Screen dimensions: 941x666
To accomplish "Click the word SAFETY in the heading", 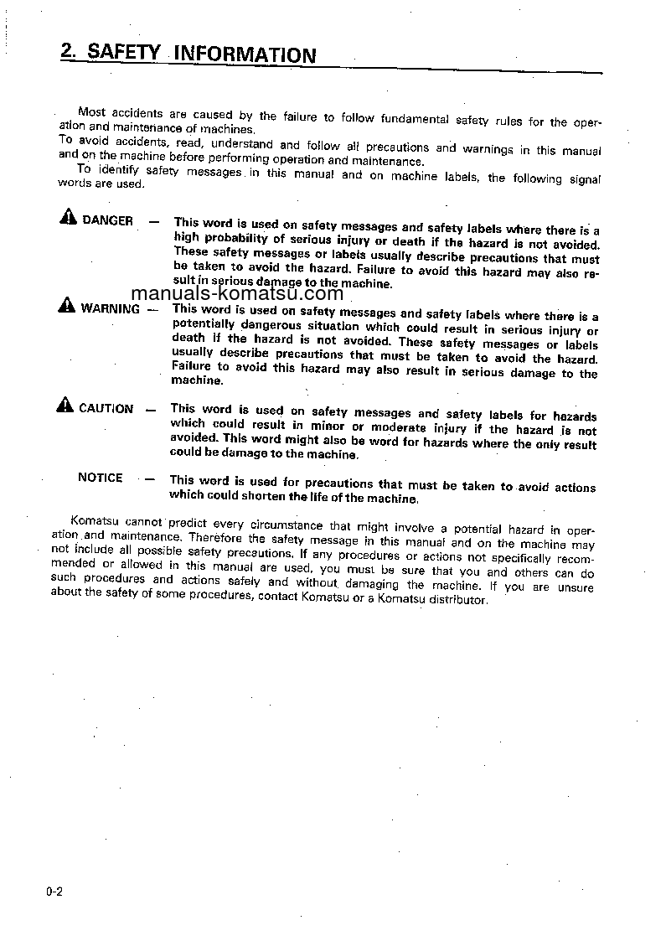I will pos(123,52).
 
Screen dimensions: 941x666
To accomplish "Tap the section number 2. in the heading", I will pos(70,50).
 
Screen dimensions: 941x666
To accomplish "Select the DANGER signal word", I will pos(107,220).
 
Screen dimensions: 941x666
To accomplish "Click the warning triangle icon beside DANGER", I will pos(68,220).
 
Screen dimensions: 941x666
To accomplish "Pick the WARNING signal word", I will pos(110,308).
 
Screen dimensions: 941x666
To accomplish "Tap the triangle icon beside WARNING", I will pos(66,307).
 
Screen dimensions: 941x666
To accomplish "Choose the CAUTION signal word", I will pos(106,409).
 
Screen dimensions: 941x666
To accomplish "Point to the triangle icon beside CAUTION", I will pos(65,407).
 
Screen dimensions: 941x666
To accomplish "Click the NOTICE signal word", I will pos(100,478).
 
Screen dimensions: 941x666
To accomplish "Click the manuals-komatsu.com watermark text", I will pos(237,293).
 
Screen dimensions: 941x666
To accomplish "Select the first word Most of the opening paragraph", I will pos(91,111).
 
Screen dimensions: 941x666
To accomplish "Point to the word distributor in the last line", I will pos(459,600).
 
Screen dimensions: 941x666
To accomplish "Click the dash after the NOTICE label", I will pos(148,479).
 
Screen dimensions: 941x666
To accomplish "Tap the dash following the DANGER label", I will pos(153,221).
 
